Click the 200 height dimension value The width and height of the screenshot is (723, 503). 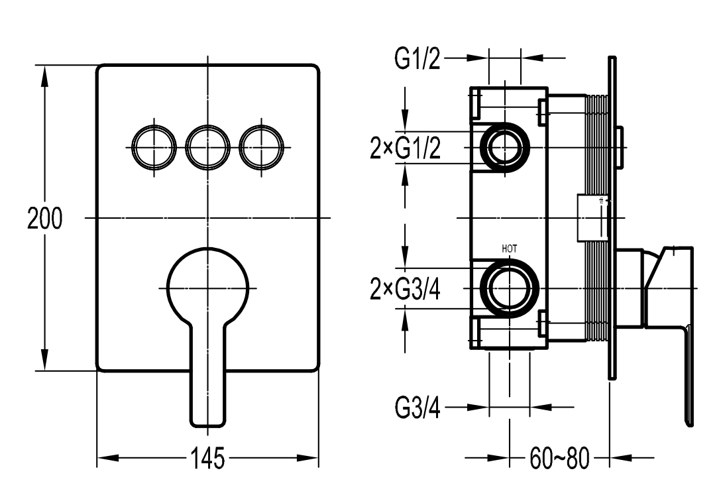click(44, 218)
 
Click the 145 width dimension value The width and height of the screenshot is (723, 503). click(208, 458)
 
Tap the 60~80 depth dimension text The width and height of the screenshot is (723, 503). click(559, 457)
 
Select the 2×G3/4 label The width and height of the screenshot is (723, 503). click(405, 290)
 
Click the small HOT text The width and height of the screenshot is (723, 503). click(510, 249)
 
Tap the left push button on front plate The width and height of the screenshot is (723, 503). click(154, 146)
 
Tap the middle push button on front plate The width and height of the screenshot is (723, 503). click(208, 146)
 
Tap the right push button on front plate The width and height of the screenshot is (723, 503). click(261, 146)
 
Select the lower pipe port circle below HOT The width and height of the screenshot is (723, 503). click(510, 289)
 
